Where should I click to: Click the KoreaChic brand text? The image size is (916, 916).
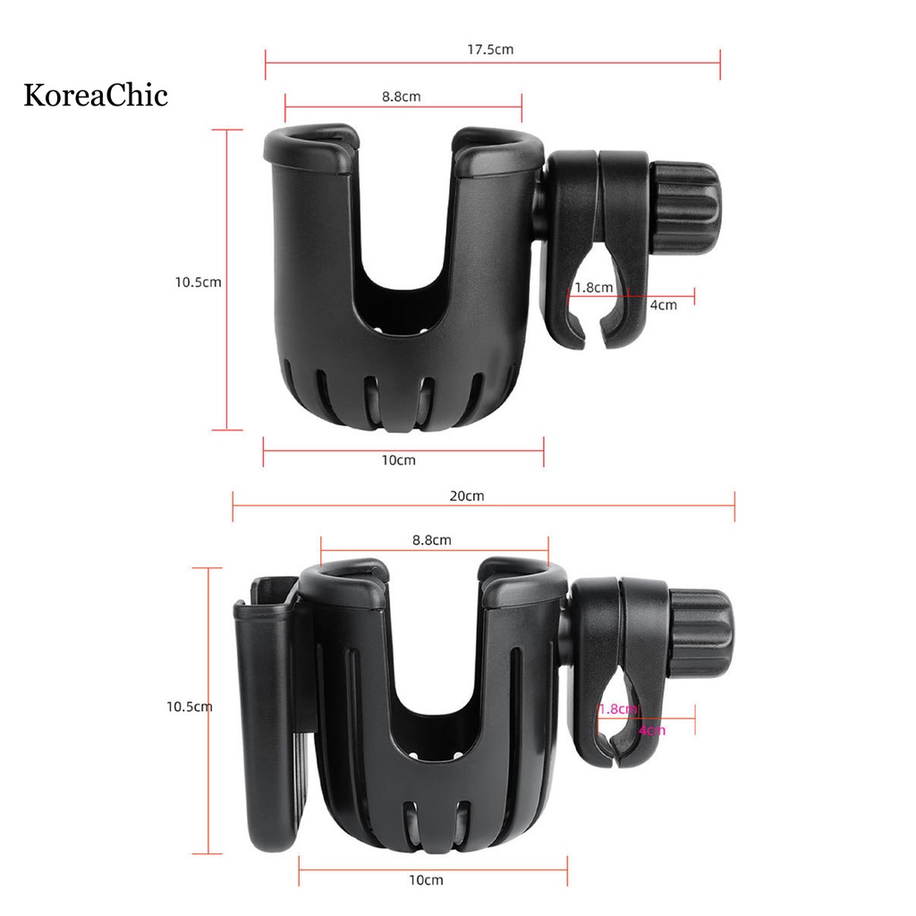coord(95,95)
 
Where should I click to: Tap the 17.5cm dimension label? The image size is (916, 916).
coord(490,50)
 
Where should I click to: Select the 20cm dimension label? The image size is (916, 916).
coord(467,496)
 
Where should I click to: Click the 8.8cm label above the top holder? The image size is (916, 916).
coord(402,97)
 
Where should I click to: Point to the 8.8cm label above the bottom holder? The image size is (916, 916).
coord(432,539)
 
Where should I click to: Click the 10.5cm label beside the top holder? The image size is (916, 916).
coord(198,282)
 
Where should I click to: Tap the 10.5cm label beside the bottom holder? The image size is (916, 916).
coord(190,707)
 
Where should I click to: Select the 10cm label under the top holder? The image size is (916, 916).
coord(398,461)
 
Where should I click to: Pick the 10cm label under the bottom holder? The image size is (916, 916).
coord(426,880)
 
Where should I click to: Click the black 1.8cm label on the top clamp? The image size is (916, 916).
coord(594,287)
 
